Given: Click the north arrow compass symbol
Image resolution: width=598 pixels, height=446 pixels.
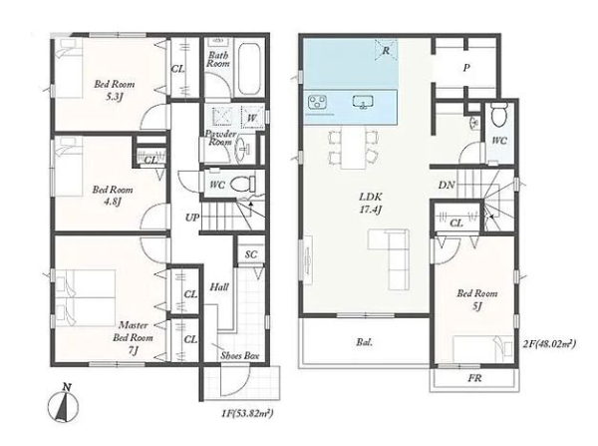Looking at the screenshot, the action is point(64,404).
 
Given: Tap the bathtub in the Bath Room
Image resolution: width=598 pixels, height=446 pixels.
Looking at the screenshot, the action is point(249,69).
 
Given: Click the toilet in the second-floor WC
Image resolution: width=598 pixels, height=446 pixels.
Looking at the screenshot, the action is point(498,113).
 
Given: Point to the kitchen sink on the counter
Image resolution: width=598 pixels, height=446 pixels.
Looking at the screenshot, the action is point(363,102).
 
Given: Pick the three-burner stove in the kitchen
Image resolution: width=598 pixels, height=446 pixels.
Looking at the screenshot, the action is point(317,102).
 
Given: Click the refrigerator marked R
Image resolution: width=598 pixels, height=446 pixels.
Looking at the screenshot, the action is point(386,50).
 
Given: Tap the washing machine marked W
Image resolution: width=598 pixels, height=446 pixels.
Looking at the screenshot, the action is point(252,117).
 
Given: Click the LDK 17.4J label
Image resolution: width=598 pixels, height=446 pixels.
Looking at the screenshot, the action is point(371,204).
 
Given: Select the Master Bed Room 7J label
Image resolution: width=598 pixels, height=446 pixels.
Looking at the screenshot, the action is point(133,337).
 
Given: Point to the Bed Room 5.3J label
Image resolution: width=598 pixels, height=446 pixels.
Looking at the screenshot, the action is point(114,90).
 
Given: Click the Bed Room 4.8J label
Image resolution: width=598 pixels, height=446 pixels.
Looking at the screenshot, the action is point(113,196).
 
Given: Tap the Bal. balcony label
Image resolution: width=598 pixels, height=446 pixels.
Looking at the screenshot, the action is point(365,342).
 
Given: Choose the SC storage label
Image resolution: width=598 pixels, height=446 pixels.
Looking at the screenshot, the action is point(251,254).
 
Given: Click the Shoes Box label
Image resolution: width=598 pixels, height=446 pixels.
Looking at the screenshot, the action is point(240,356).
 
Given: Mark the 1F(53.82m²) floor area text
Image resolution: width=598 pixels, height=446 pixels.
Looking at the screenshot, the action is point(247,413).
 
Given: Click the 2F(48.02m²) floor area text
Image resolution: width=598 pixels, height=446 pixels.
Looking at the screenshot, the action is point(549,344).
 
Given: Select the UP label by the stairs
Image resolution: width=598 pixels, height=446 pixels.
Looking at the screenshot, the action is point(192,218).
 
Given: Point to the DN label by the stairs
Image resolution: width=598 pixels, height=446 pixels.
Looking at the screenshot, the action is point(447,186).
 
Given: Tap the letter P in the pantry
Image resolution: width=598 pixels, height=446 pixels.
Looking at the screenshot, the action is point(466,68).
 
